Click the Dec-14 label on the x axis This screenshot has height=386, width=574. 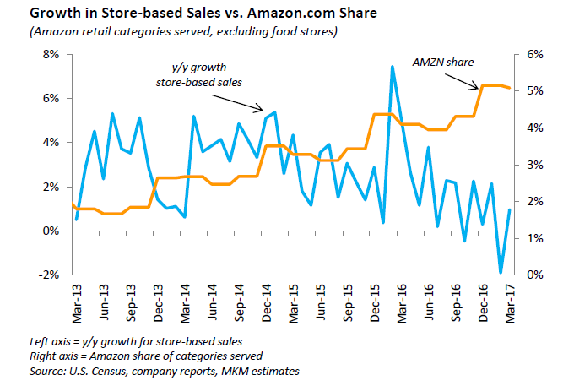coord(265,301)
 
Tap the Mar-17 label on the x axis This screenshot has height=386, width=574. coord(509,301)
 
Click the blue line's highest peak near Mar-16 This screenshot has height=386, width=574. coord(393,67)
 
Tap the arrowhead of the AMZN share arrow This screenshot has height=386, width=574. coord(479,85)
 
